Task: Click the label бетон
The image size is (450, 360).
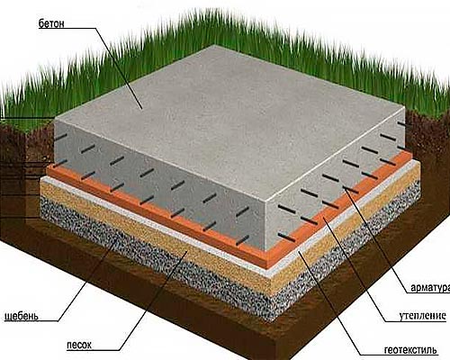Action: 51,23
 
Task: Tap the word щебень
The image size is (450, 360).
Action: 22,316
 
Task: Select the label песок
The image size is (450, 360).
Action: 79,345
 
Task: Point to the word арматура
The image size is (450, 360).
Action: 430,287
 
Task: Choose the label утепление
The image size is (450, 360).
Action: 422,316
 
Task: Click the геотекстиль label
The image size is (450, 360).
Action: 410,350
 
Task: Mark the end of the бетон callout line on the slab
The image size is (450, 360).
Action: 142,109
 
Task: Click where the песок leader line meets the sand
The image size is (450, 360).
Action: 188,251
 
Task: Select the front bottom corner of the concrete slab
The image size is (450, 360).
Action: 267,251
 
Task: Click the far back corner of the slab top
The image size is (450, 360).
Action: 215,45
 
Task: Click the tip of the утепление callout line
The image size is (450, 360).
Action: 324,220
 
